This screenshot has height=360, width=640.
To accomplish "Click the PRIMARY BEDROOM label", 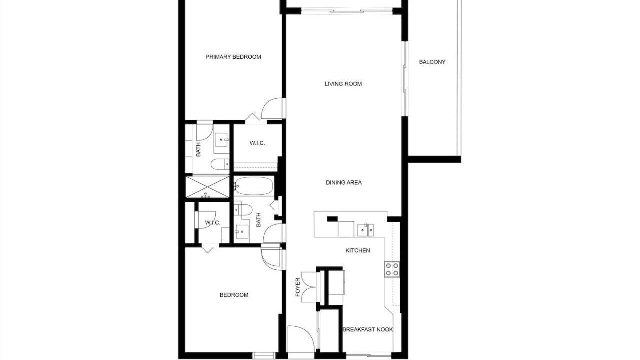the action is [x=233, y=57].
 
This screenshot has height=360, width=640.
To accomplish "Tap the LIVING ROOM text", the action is [x=343, y=84].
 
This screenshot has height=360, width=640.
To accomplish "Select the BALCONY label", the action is [x=432, y=62].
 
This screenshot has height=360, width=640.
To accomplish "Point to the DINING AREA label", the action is [x=343, y=182].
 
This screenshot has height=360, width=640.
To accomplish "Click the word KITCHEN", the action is [x=358, y=250].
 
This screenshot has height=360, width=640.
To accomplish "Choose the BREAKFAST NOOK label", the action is [x=368, y=329].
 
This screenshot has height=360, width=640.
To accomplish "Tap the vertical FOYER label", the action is [x=298, y=287].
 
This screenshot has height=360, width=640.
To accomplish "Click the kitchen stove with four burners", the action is [x=392, y=269].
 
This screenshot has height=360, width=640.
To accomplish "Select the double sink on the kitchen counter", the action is [x=366, y=230].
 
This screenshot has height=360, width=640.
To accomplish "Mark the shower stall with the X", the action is [x=207, y=187].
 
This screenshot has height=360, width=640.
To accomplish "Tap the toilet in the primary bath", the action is [x=220, y=164].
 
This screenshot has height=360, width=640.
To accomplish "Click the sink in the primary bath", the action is [x=221, y=139].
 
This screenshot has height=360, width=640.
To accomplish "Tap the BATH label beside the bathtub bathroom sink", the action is [x=258, y=220].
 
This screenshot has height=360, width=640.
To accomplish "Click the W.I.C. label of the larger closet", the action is [x=257, y=143].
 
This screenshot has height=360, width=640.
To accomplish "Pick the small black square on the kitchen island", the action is [x=332, y=219].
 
